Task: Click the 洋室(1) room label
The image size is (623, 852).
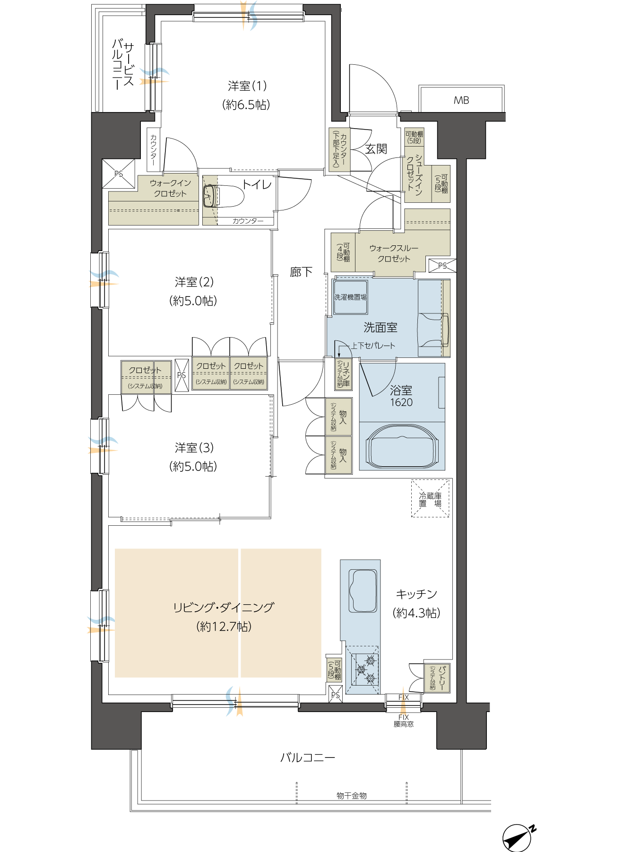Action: [247, 86]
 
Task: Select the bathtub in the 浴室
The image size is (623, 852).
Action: [402, 447]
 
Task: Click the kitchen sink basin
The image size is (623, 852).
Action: [363, 591]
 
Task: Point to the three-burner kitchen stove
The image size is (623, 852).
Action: [364, 669]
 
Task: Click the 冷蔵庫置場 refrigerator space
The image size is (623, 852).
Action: [430, 499]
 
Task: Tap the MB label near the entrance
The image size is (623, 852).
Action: [461, 100]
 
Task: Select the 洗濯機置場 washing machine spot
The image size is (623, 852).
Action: [350, 297]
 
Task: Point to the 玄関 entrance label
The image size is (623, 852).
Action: [376, 149]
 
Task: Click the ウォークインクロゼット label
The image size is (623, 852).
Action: [170, 188]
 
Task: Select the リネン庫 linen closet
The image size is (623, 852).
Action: [343, 374]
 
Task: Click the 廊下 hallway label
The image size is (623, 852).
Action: [301, 272]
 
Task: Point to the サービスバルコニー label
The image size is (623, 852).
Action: [123, 65]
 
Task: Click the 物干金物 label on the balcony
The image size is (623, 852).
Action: [352, 795]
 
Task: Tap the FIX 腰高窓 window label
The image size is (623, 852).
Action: [404, 721]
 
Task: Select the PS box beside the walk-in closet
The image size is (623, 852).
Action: [119, 174]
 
